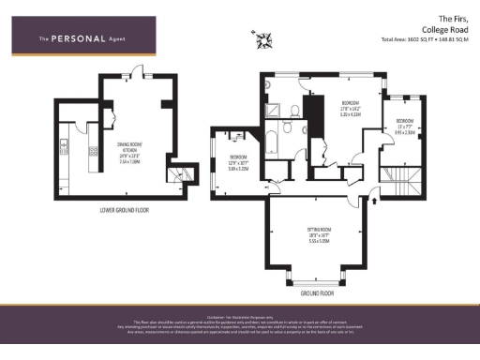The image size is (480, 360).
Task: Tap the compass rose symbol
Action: [263, 38]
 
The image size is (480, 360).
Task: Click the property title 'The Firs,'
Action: [452, 18]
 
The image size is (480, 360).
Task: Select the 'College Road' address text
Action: [444, 28]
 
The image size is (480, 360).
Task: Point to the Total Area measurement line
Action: [425, 39]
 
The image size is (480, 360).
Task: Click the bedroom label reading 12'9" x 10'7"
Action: [239, 162]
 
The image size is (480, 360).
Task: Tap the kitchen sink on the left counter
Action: [63, 144]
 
